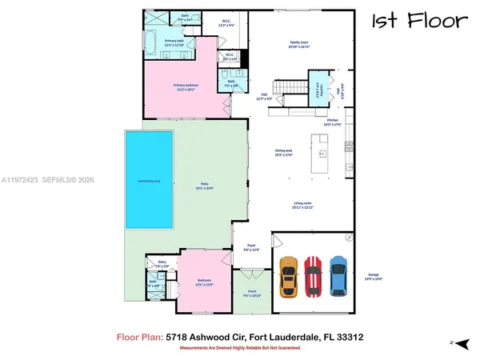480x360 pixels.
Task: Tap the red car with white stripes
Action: [x=314, y=277]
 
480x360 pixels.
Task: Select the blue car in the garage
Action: [x=338, y=277]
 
